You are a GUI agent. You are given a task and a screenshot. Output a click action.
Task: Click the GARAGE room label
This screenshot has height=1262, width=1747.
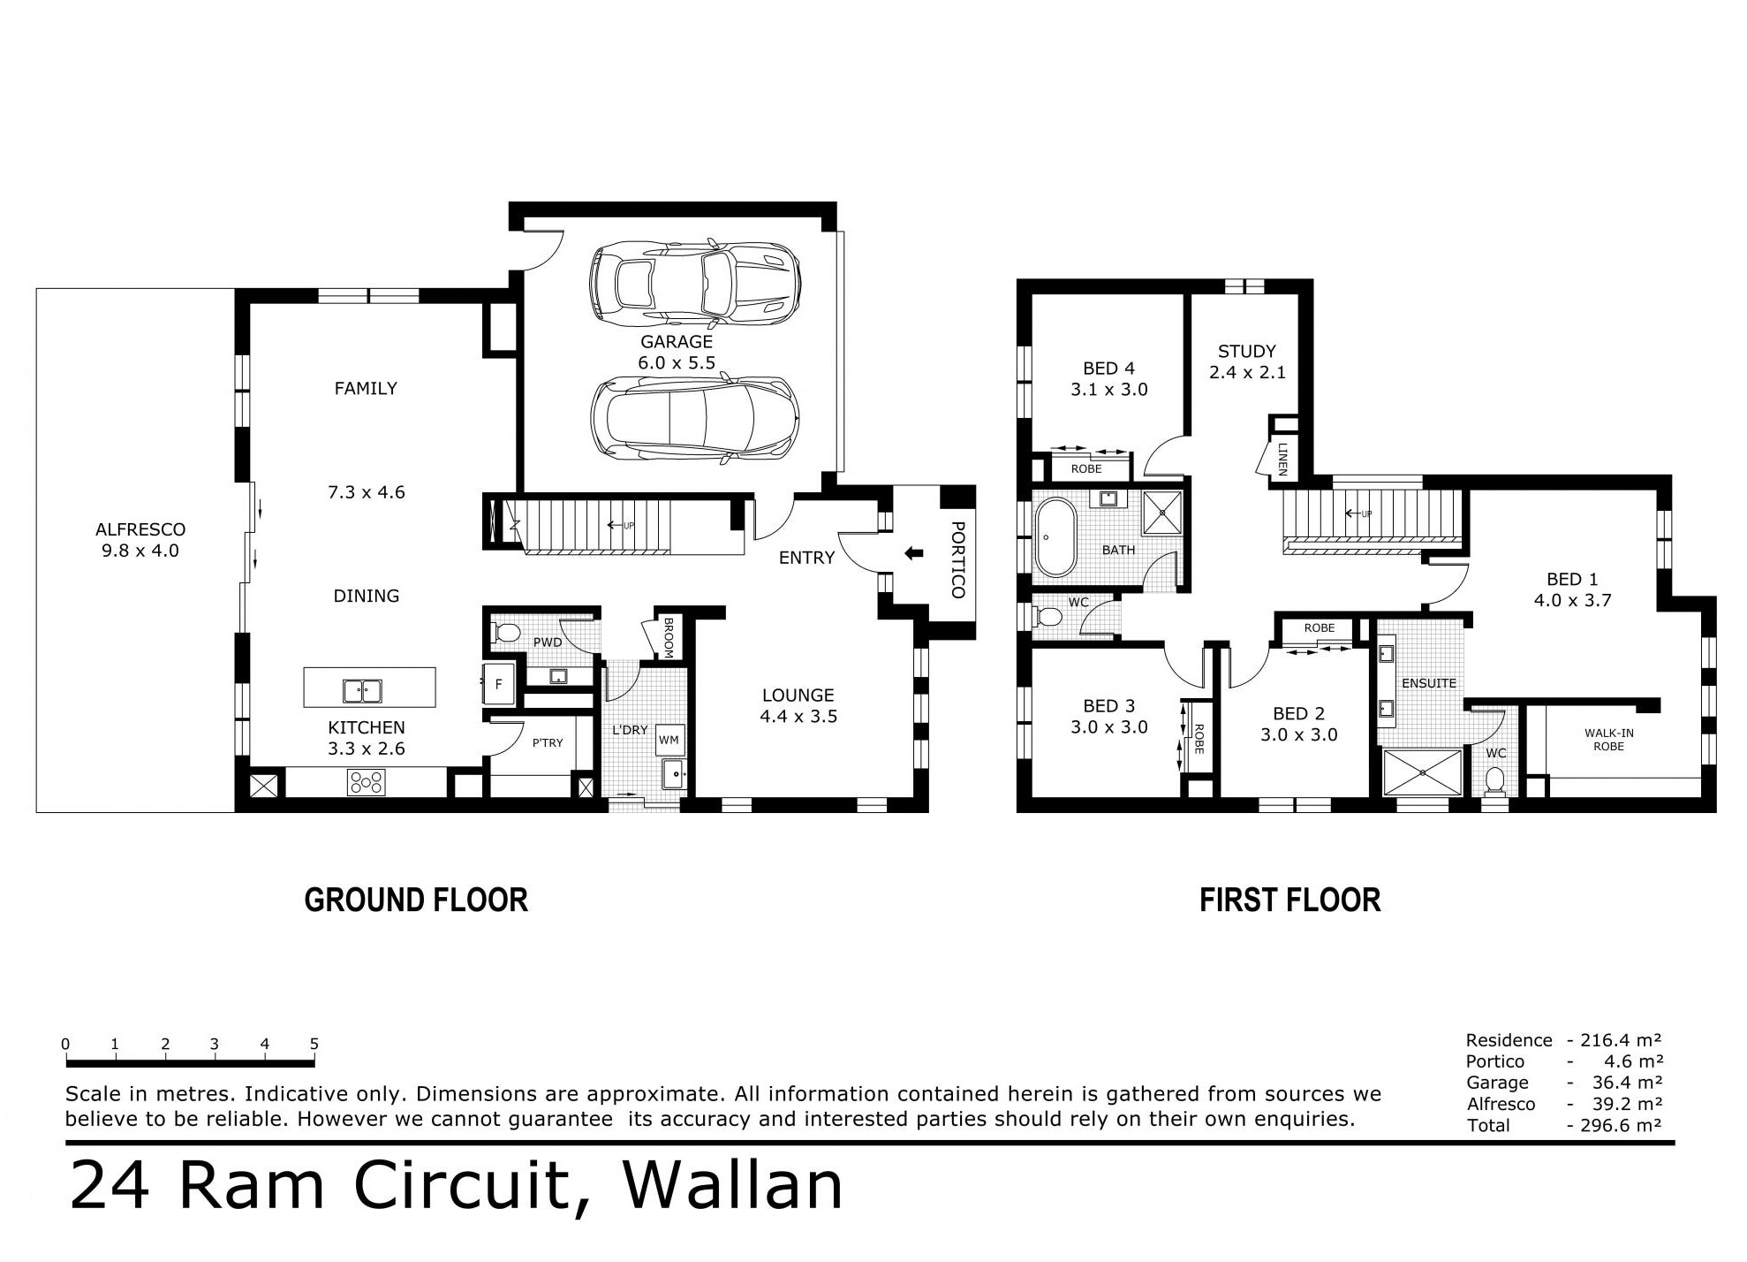677,341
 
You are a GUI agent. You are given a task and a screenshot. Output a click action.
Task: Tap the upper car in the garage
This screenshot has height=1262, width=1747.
695,280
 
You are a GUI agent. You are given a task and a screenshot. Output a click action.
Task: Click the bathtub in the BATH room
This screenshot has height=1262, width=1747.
1056,537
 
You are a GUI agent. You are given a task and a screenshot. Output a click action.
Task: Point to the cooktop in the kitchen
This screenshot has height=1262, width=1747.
367,782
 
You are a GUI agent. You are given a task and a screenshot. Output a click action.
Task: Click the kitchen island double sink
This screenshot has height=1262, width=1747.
362,689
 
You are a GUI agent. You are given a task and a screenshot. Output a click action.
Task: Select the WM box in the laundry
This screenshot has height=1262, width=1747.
669,739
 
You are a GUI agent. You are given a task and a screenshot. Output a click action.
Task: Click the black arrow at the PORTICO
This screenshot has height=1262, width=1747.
913,554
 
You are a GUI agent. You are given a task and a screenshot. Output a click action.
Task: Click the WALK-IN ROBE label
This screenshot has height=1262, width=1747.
1608,740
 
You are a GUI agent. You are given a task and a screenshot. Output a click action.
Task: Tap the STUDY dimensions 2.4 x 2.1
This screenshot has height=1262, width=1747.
1247,373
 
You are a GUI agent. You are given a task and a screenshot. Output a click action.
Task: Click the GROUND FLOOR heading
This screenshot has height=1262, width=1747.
416,900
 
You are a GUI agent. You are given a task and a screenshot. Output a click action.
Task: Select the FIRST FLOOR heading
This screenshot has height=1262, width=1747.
1289,900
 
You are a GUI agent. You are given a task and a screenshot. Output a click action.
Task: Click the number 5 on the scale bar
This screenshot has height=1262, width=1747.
314,1044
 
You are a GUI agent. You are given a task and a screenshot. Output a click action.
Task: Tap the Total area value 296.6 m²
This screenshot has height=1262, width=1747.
1615,1125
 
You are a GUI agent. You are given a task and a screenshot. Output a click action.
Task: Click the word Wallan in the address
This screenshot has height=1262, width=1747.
733,1186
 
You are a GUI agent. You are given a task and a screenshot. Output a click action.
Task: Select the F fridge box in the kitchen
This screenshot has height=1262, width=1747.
498,684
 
